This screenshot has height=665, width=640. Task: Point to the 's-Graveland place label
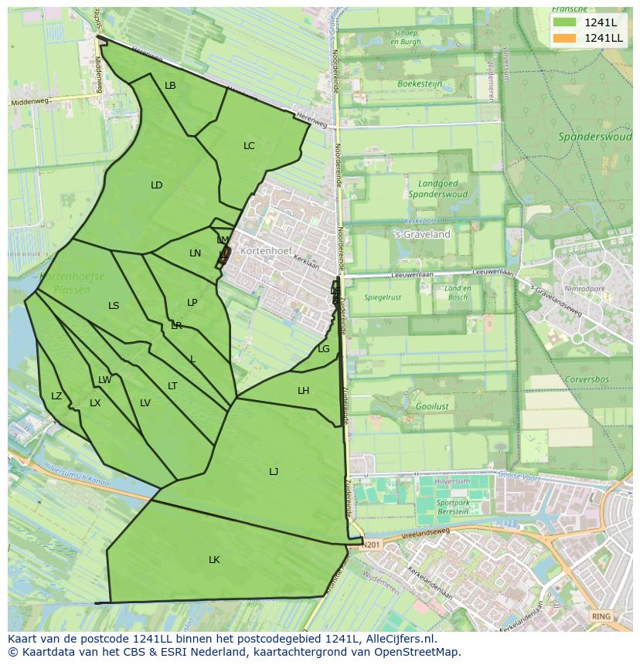[422, 234]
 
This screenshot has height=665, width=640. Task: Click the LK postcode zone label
[214, 559]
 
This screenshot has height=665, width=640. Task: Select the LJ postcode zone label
[274, 471]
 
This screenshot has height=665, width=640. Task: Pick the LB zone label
[170, 86]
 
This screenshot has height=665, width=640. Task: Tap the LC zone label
[249, 145]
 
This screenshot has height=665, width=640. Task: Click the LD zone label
[157, 185]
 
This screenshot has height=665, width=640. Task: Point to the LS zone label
[114, 306]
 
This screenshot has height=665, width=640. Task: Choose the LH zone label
[303, 391]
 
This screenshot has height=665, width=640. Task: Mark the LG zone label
[324, 349]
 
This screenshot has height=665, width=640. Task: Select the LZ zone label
[56, 396]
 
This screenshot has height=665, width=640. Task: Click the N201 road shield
[373, 544]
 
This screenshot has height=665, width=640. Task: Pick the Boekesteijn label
[418, 83]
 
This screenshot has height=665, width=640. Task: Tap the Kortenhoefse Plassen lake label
[72, 283]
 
